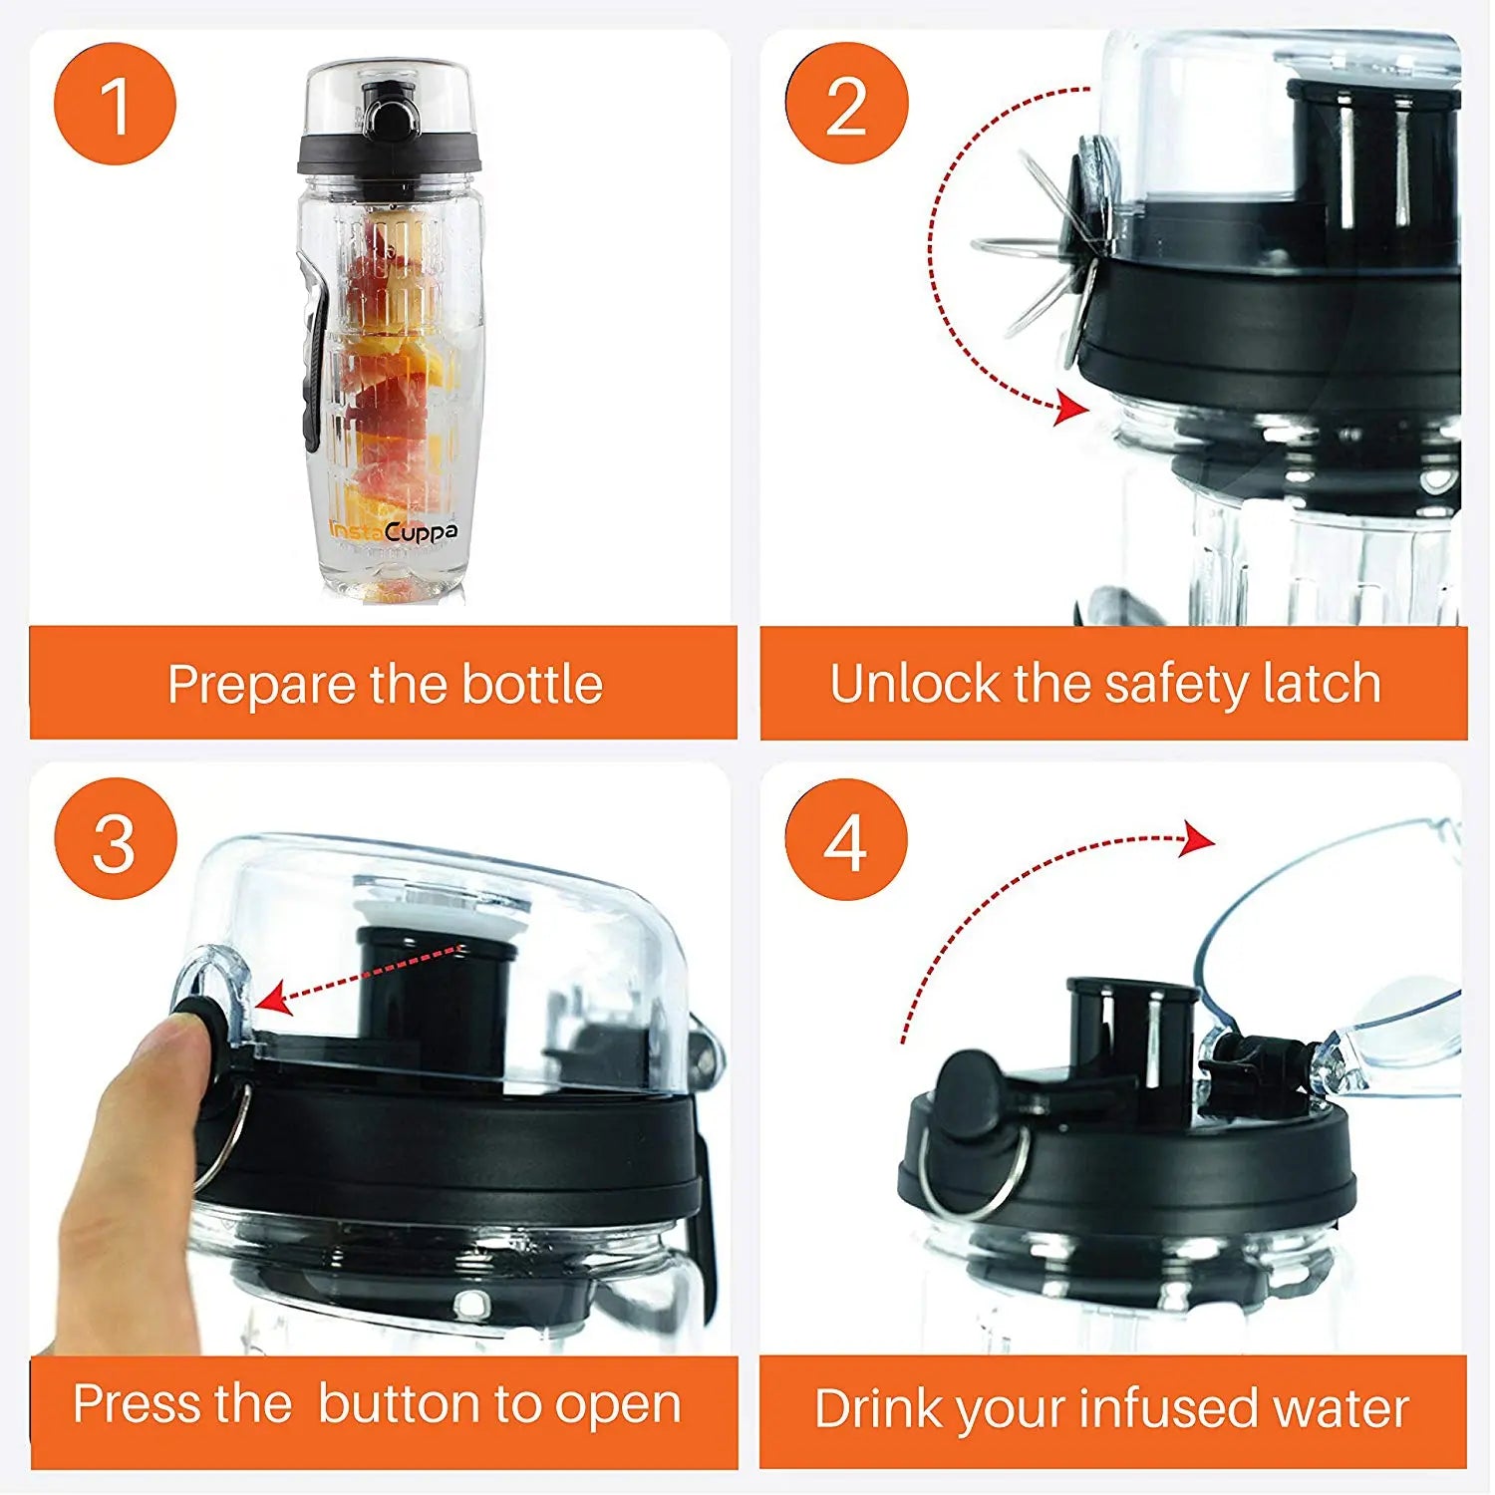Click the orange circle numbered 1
click(x=115, y=104)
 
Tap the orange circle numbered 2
click(x=846, y=104)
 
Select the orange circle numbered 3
click(x=115, y=839)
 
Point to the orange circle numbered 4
click(x=846, y=839)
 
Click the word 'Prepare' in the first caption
click(x=262, y=686)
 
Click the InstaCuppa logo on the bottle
click(x=394, y=532)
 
